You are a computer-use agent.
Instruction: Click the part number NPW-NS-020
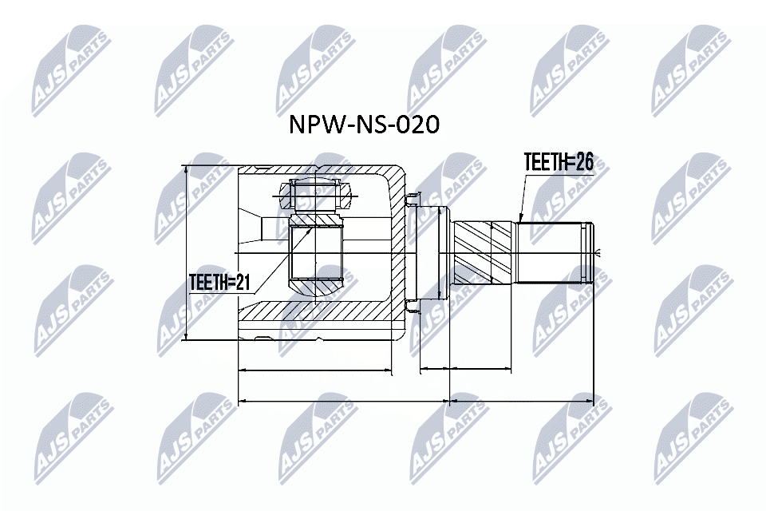click(364, 125)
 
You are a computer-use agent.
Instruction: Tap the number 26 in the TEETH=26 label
click(585, 162)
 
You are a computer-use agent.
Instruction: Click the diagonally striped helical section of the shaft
click(484, 253)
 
